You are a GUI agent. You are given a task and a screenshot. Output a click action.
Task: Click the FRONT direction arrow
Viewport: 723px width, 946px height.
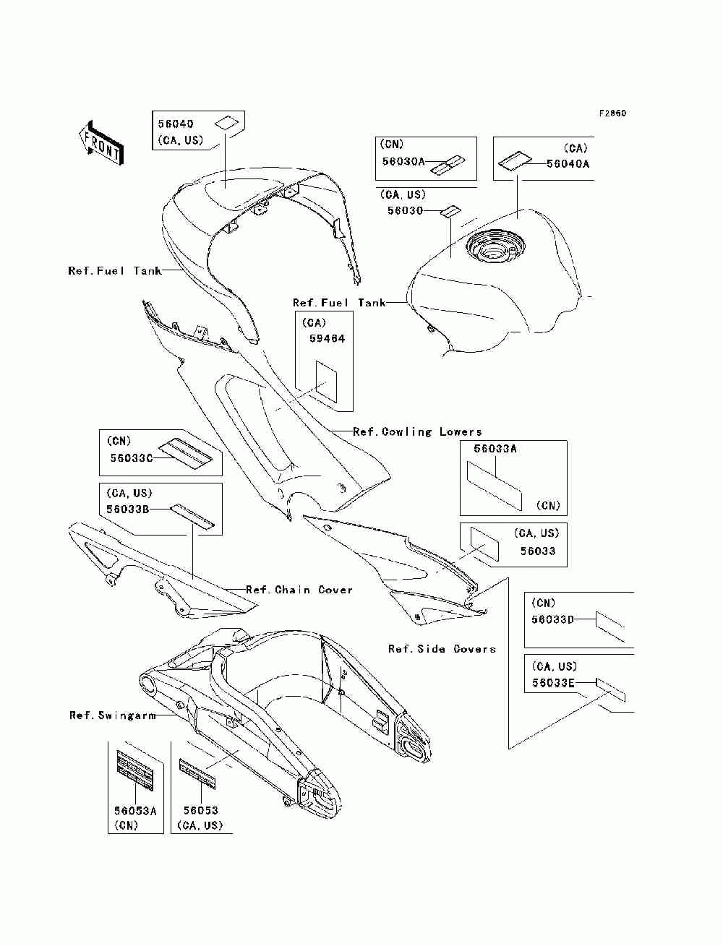(x=102, y=142)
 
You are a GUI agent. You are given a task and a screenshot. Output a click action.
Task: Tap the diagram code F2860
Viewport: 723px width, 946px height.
(x=612, y=113)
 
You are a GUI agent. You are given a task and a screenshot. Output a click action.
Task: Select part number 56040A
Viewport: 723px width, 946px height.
(x=568, y=164)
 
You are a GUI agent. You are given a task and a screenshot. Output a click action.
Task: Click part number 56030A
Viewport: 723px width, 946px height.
(x=403, y=162)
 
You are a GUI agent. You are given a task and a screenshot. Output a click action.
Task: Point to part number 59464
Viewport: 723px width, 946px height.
(x=328, y=339)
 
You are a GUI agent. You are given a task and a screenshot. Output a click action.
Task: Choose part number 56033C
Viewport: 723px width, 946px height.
(x=132, y=457)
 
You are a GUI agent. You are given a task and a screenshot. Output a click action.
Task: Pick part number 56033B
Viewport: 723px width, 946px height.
(x=128, y=509)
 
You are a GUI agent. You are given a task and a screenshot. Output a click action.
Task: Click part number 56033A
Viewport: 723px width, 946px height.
(x=495, y=449)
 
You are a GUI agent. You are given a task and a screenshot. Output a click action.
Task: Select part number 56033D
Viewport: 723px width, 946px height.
(x=552, y=619)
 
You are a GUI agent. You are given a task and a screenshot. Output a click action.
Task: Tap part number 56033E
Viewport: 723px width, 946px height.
(x=553, y=683)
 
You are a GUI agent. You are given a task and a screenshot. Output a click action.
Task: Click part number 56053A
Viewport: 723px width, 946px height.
(x=135, y=811)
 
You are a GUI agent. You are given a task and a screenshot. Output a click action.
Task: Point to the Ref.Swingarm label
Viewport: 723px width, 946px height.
(x=113, y=715)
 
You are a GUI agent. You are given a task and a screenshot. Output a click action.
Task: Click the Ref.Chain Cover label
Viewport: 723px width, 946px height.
(x=299, y=590)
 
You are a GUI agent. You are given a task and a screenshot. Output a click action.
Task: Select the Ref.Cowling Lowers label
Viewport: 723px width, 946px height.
(x=417, y=431)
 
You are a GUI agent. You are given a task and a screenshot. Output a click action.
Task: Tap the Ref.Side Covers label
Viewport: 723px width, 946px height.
(x=442, y=649)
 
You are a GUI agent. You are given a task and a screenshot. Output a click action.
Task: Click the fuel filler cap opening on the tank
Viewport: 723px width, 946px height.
(x=495, y=249)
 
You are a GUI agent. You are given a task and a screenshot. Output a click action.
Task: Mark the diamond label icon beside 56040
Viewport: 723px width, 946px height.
(x=226, y=124)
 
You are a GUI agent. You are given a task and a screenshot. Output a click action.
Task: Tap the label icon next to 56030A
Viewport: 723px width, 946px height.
(x=448, y=165)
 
